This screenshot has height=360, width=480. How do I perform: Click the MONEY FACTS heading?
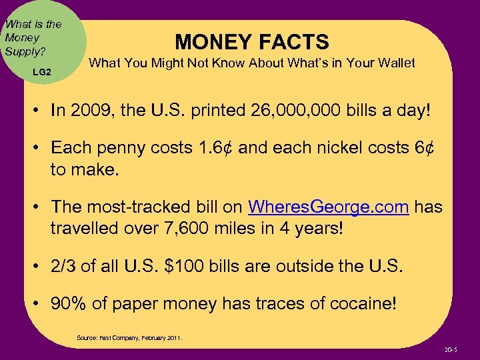(252, 42)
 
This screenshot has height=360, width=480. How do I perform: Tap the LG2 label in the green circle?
(41, 71)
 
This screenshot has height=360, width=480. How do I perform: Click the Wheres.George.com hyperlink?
(328, 207)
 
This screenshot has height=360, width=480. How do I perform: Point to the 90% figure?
(70, 304)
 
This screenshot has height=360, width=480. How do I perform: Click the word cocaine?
(359, 304)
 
